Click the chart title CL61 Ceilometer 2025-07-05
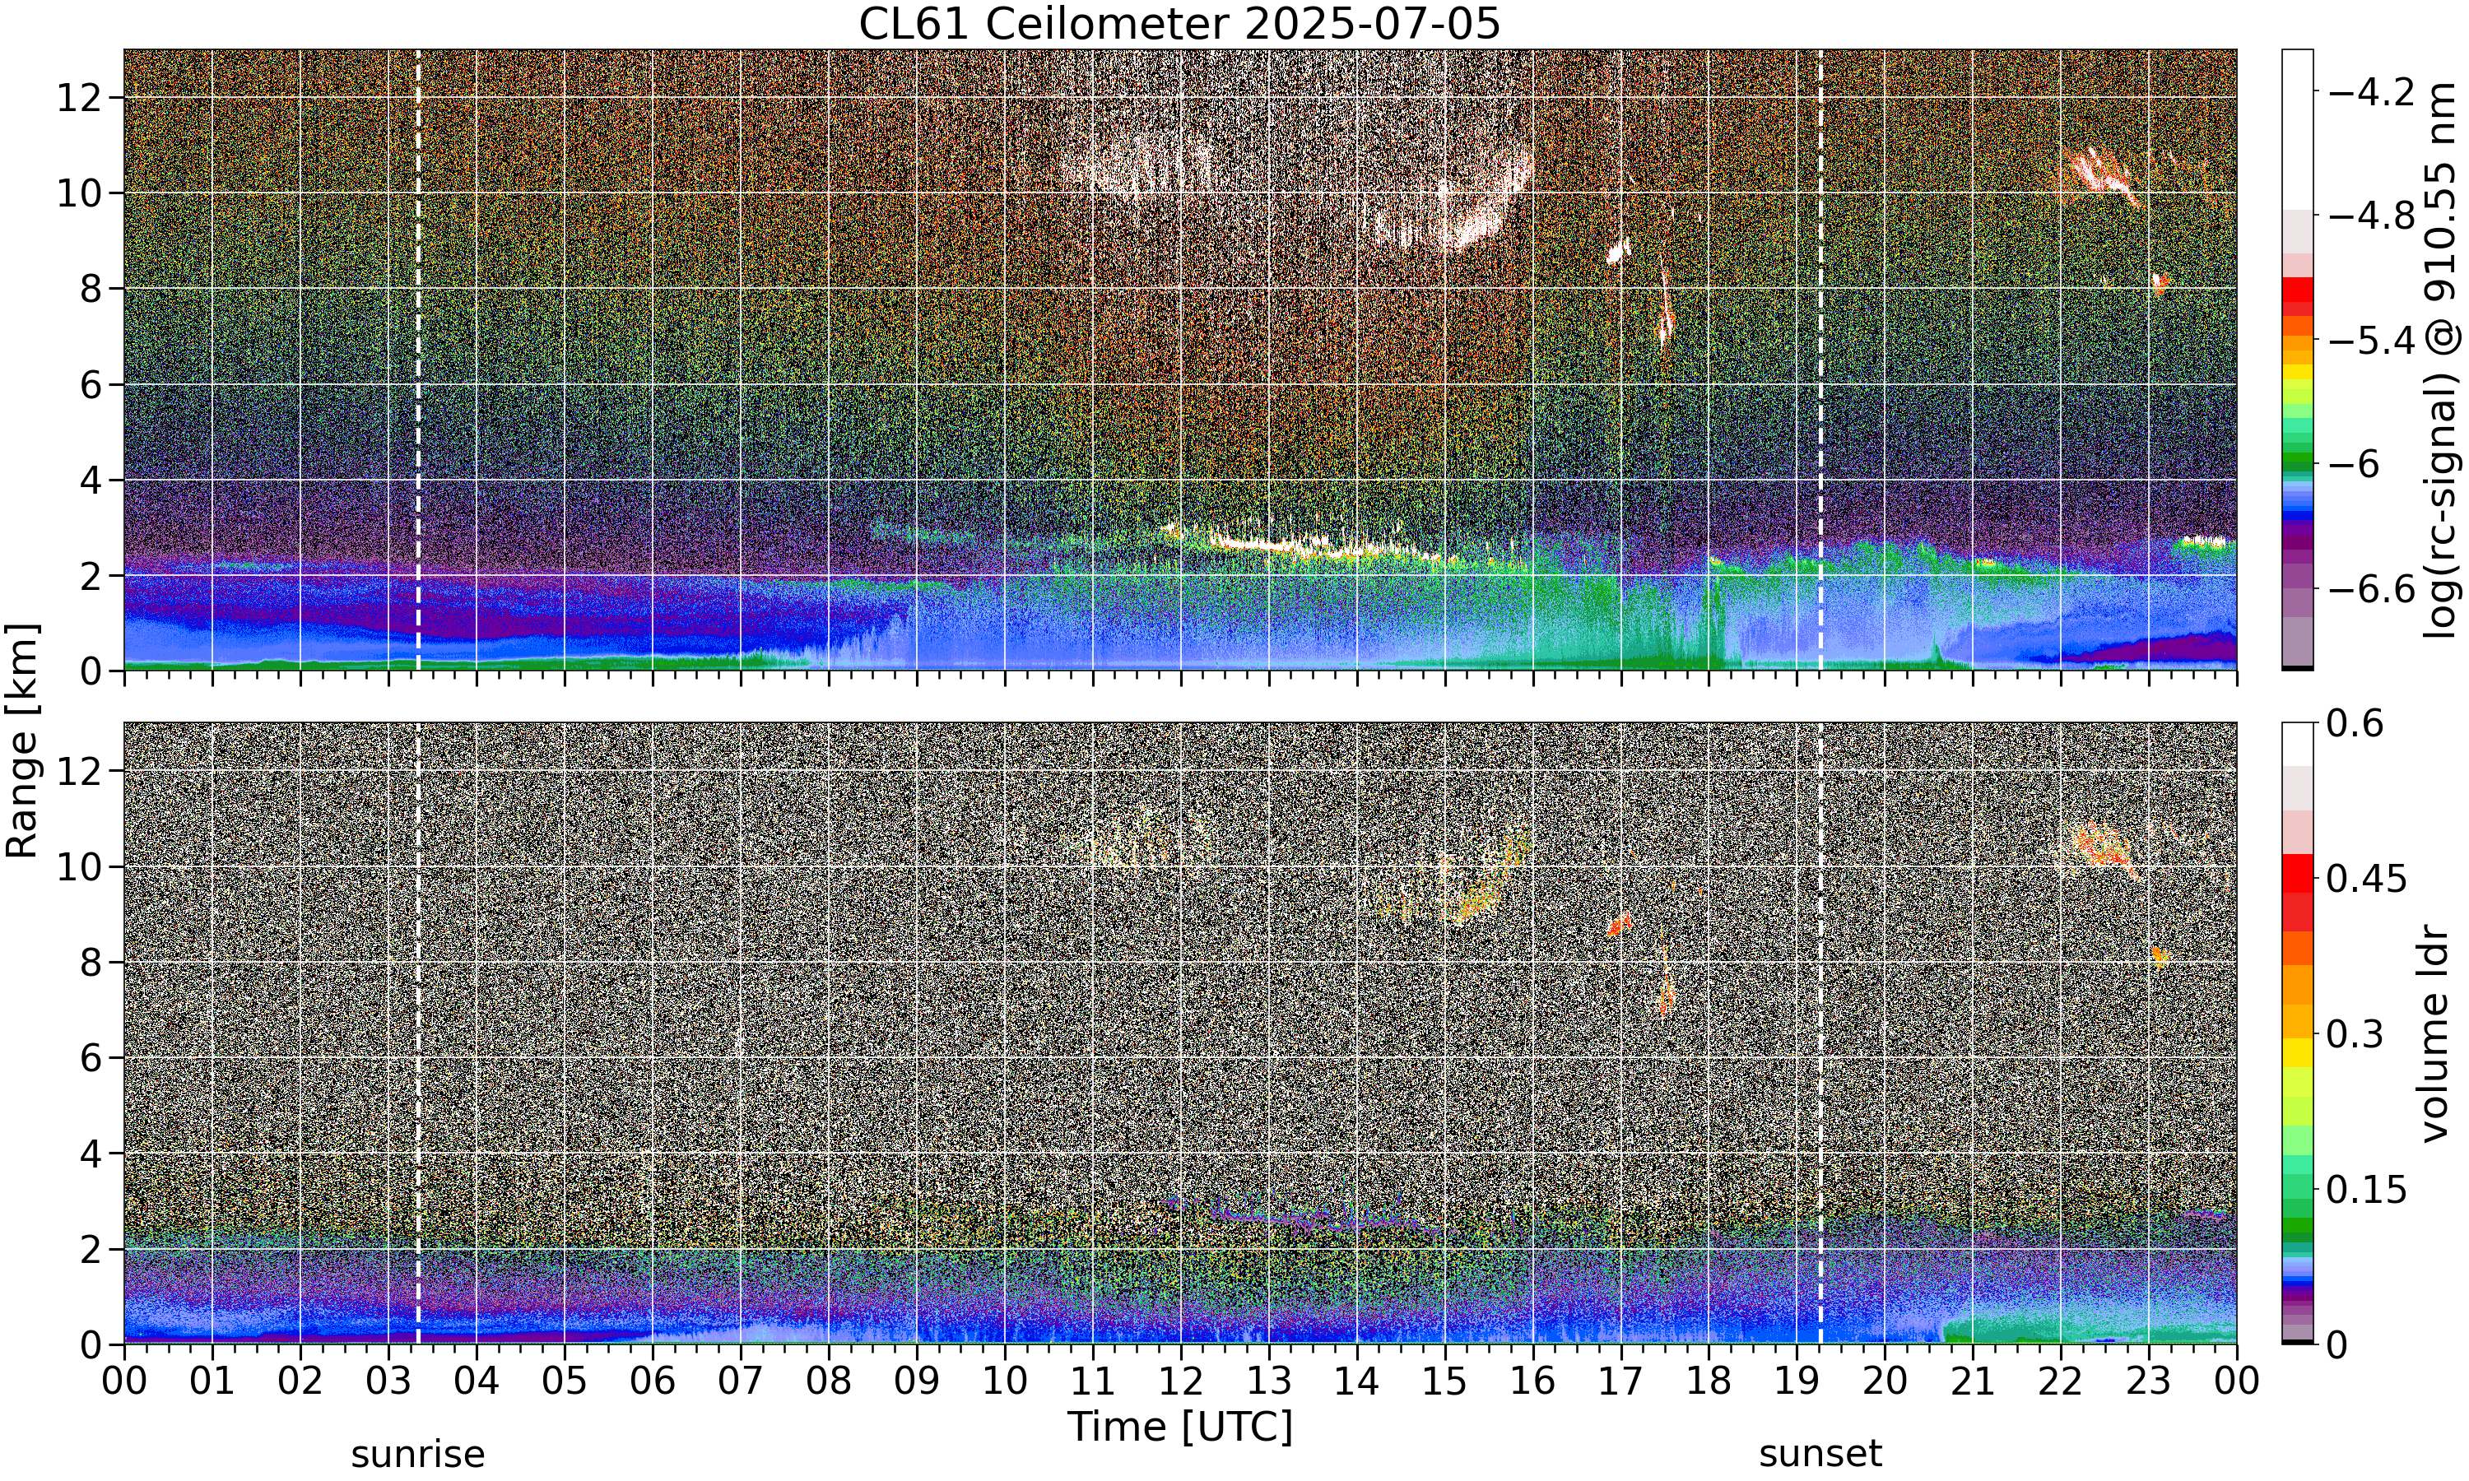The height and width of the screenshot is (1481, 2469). [x=1179, y=24]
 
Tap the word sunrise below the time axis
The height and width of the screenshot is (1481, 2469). [x=417, y=1455]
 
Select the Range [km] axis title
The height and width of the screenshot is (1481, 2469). [x=22, y=740]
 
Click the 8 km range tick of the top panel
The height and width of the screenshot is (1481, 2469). [x=92, y=290]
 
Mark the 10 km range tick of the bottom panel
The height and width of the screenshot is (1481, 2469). [x=79, y=866]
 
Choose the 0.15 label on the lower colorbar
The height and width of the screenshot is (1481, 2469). [x=2367, y=1190]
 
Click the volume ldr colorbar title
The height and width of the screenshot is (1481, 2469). [x=2435, y=1034]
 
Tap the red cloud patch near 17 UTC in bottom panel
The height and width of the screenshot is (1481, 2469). [x=1619, y=924]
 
